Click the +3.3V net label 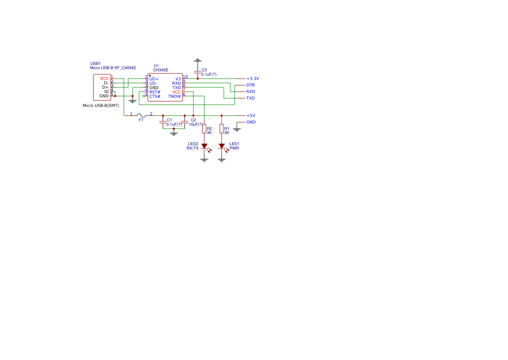tap(252, 79)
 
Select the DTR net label tap(250, 85)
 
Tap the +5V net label tap(250, 116)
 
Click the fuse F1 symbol tap(141, 116)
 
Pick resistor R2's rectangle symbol tap(204, 129)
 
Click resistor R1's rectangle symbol tap(222, 129)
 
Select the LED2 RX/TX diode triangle tap(204, 146)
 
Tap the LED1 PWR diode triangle tap(222, 146)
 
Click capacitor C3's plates tap(198, 72)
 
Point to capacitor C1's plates tap(163, 122)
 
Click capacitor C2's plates tap(185, 122)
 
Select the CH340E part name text tap(161, 70)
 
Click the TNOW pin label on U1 tap(174, 97)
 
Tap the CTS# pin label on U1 tap(155, 97)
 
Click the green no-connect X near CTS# tap(143, 96)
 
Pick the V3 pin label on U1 tap(178, 79)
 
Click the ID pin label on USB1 tap(106, 92)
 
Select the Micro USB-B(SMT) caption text tap(101, 106)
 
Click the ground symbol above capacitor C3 tap(198, 60)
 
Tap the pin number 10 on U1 tap(185, 77)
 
